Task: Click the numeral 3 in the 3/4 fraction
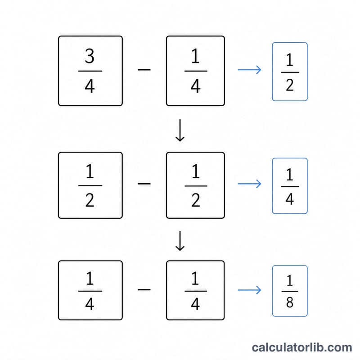click(90, 56)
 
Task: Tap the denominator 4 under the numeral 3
click(90, 86)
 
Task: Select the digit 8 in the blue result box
click(290, 302)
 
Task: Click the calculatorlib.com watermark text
click(302, 347)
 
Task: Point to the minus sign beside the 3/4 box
click(144, 69)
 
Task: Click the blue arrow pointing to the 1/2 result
click(249, 70)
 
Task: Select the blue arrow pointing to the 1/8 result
click(249, 290)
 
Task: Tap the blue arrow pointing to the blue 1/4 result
click(249, 184)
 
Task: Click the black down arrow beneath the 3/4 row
click(180, 130)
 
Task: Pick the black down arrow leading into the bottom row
click(180, 241)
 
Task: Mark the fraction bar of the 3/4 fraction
click(90, 71)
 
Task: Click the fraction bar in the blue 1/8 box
click(290, 291)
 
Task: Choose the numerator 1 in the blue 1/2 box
click(289, 60)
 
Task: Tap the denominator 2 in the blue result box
click(290, 85)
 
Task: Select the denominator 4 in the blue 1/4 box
click(290, 199)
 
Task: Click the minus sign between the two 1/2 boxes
click(144, 184)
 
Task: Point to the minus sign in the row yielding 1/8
click(144, 289)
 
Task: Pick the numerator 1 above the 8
click(289, 280)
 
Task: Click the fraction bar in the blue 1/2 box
click(290, 72)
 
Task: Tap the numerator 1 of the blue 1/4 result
click(289, 175)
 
